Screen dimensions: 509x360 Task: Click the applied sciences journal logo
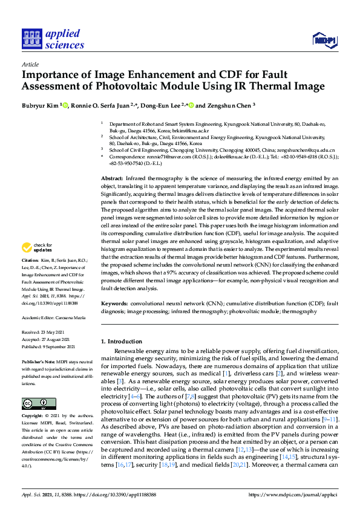[53, 39]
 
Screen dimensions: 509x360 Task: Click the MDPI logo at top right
[324, 41]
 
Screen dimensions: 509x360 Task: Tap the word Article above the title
[30, 63]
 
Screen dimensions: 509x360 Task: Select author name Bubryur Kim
[40, 105]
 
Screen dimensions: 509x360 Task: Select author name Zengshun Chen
[229, 105]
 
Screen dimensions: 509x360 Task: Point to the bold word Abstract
[112, 180]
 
